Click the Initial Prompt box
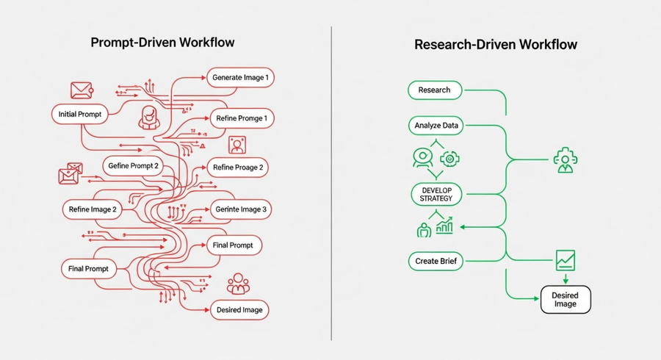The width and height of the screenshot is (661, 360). pos(80,114)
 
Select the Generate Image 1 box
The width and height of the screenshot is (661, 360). pos(240,77)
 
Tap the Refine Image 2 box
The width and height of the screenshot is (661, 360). pos(93,209)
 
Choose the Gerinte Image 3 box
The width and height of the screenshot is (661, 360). pos(240,209)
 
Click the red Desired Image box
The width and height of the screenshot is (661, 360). pos(240,309)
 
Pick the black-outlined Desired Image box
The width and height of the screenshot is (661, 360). pos(565,300)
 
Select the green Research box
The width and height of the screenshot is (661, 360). pos(434,90)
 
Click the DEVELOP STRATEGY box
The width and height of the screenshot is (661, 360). pos(436,195)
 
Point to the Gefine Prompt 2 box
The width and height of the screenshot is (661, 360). pos(133,165)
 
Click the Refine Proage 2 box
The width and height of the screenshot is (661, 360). pos(237,167)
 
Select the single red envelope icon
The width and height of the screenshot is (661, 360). pos(79,90)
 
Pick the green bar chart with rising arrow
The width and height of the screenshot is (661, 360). pos(445,225)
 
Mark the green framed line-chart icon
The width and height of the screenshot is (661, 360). pos(565,259)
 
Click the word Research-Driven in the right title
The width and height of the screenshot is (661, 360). pos(462,45)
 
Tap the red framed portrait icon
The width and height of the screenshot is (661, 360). pos(237,145)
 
